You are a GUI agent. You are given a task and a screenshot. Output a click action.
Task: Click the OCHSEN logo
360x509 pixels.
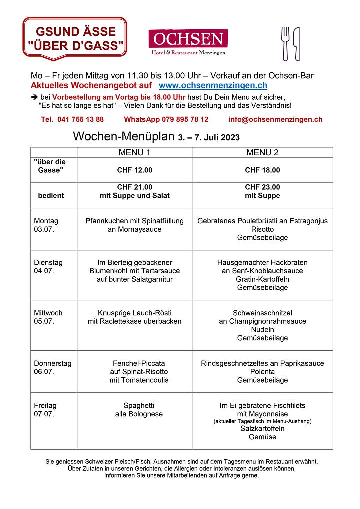coord(188,42)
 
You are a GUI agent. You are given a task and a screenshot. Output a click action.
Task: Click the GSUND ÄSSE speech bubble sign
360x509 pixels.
coord(74,38)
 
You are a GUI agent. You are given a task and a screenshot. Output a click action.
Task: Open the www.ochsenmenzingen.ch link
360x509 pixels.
coord(212,86)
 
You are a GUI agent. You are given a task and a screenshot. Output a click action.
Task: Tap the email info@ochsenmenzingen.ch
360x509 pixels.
coord(275,119)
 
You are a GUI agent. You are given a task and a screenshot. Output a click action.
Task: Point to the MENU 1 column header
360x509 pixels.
coord(134,152)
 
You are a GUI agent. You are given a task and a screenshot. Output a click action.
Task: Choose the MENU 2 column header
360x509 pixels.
coord(262,152)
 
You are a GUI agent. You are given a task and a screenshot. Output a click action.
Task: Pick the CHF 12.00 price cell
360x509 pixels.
coord(134,170)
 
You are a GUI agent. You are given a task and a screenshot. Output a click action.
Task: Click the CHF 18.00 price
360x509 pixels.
coord(262,170)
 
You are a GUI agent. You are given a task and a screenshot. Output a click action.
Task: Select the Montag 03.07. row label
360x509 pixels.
coord(46,225)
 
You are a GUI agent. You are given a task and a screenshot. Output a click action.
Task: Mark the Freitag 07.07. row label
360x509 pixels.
coord(45,409)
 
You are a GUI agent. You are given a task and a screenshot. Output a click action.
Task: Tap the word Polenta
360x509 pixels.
coord(262,372)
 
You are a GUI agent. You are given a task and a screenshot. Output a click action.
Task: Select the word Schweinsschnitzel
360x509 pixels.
coord(262,313)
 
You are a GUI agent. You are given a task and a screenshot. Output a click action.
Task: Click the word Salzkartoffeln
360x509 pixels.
coord(262,429)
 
